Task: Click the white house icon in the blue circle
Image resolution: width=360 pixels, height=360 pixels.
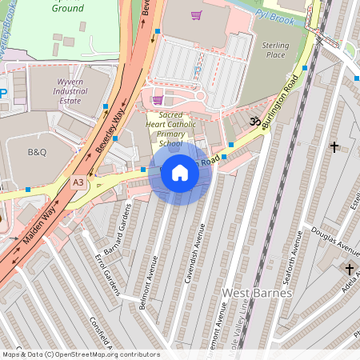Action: [180, 173]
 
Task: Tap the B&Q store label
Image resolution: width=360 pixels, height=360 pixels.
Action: [38, 151]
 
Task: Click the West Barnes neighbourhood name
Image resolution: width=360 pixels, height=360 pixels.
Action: [257, 293]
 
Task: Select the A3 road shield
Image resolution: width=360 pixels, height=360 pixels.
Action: [78, 182]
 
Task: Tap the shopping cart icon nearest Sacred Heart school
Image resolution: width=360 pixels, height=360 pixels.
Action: [158, 100]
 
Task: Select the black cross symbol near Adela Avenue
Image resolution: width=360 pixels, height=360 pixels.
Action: [350, 270]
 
